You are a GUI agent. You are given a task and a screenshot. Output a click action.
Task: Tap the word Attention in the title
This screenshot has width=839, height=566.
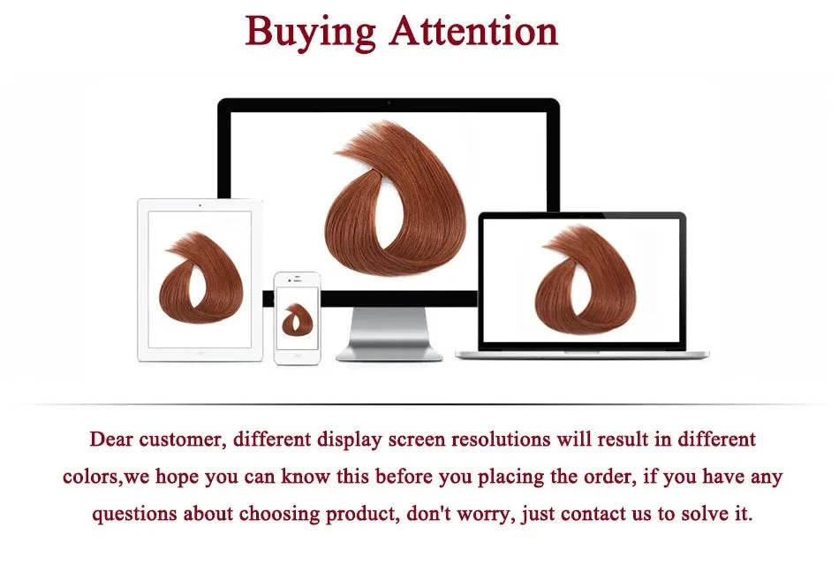pyautogui.click(x=474, y=31)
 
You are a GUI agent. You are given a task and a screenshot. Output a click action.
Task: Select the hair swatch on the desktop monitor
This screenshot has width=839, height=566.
pyautogui.click(x=395, y=198)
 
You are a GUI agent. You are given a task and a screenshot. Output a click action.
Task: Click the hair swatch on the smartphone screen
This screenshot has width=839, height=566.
pyautogui.click(x=297, y=320)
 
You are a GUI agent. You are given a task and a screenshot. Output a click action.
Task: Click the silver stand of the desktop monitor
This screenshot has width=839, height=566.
pyautogui.click(x=389, y=334)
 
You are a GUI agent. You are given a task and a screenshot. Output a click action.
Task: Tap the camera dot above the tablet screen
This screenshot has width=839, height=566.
pyautogui.click(x=200, y=205)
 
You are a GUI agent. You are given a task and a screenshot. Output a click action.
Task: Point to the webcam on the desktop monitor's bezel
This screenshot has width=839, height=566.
pyautogui.click(x=389, y=102)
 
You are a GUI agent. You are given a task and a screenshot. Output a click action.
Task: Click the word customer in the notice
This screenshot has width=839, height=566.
pyautogui.click(x=182, y=440)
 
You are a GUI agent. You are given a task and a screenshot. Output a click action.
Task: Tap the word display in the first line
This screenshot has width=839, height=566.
pyautogui.click(x=350, y=440)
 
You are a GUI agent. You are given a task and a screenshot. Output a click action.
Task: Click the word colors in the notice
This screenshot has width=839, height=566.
pyautogui.click(x=92, y=477)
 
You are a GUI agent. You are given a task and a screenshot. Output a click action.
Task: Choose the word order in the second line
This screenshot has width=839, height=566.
pyautogui.click(x=610, y=477)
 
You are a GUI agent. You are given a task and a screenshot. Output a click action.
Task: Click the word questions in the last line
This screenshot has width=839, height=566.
pyautogui.click(x=134, y=515)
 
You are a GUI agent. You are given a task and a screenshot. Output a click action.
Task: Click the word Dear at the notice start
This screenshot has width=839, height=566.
pyautogui.click(x=111, y=440)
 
